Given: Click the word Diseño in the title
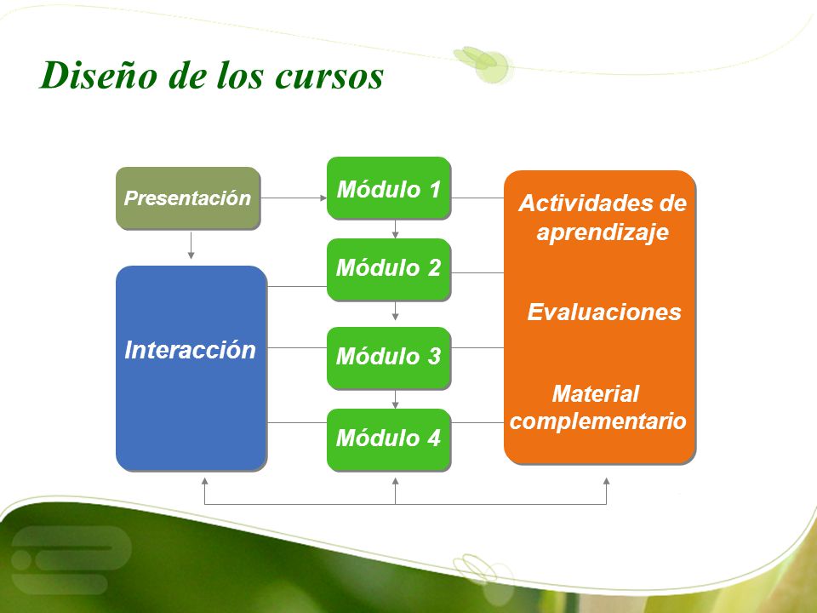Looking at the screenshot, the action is (x=98, y=75).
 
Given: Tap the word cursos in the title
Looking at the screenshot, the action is (x=329, y=76).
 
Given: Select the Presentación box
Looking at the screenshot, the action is (x=188, y=198).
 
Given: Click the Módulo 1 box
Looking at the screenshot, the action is (x=389, y=187).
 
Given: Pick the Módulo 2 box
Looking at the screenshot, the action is (x=389, y=270).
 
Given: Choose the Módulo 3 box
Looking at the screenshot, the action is (x=389, y=358).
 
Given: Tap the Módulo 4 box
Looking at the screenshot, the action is (x=389, y=440).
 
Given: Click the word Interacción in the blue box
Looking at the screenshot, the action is (x=190, y=350).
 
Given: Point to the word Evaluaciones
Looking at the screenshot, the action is (x=604, y=312).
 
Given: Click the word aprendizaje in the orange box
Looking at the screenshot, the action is (x=603, y=232).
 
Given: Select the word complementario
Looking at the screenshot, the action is (x=597, y=421).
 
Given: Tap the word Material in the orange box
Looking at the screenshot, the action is (x=596, y=393).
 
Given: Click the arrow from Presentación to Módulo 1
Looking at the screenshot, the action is (x=294, y=198).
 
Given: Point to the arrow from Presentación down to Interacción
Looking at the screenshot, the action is (x=191, y=245).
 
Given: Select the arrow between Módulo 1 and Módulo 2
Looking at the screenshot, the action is (x=396, y=229).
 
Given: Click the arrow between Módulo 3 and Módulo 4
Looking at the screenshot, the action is (x=396, y=399).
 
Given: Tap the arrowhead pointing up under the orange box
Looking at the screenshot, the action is (x=607, y=481).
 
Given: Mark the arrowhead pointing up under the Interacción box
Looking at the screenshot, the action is (x=205, y=481).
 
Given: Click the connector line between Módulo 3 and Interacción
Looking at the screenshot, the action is (x=297, y=347).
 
